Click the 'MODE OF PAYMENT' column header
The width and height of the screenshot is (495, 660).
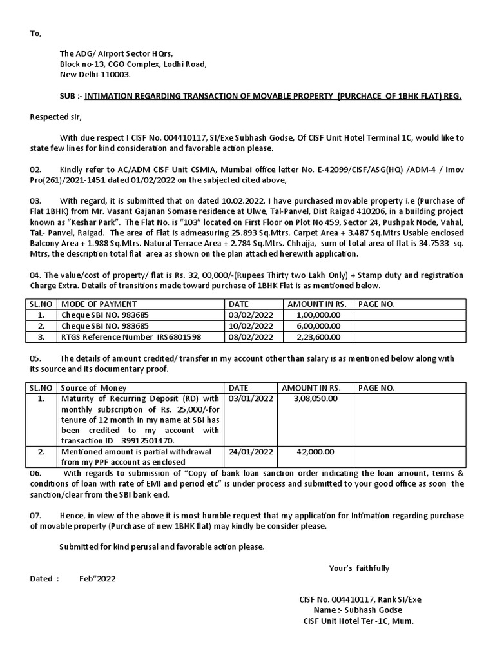pos(99,304)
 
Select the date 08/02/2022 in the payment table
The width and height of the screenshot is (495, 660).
pos(251,337)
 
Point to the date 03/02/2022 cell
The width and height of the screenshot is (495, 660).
pos(251,315)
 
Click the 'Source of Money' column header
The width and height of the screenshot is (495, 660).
pos(93,388)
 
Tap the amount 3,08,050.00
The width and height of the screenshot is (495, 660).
pos(315,398)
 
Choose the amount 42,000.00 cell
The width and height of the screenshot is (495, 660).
pos(315,452)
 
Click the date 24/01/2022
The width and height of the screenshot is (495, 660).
pos(251,452)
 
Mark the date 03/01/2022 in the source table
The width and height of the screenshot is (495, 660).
pos(251,398)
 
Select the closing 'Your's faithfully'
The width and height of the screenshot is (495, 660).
pos(359,568)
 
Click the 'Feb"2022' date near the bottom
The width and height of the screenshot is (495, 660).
pos(97,578)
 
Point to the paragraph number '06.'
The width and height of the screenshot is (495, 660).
pos(36,473)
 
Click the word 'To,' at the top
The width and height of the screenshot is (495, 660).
pos(35,34)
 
